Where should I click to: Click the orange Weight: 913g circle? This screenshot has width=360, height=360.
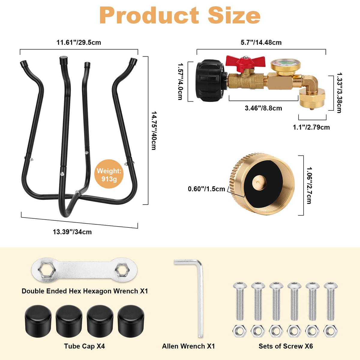109,174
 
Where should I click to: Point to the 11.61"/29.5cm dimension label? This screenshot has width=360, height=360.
79,42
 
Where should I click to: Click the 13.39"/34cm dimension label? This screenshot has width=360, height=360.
72,232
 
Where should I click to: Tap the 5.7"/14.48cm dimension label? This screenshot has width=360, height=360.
261,42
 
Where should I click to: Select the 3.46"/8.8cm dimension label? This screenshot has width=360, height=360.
263,108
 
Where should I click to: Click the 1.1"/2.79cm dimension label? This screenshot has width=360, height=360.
311,127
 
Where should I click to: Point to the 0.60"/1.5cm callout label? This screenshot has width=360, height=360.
206,189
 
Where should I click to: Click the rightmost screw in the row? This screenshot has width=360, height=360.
331,301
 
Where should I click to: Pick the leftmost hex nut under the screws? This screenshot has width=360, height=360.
240,331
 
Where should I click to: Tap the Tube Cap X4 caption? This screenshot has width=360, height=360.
84,346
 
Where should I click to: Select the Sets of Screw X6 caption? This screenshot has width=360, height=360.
286,346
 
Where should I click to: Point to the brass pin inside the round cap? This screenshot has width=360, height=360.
259,183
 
